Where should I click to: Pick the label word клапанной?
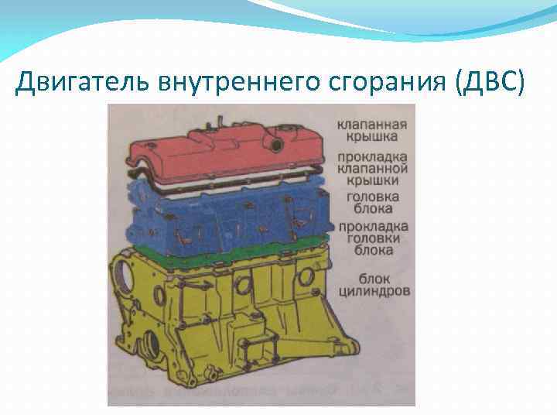pos(372,168)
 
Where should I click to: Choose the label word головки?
pos(372,238)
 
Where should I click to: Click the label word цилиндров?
pos(374,292)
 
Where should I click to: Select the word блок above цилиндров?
pos(374,279)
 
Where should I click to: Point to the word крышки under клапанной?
pos(372,180)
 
